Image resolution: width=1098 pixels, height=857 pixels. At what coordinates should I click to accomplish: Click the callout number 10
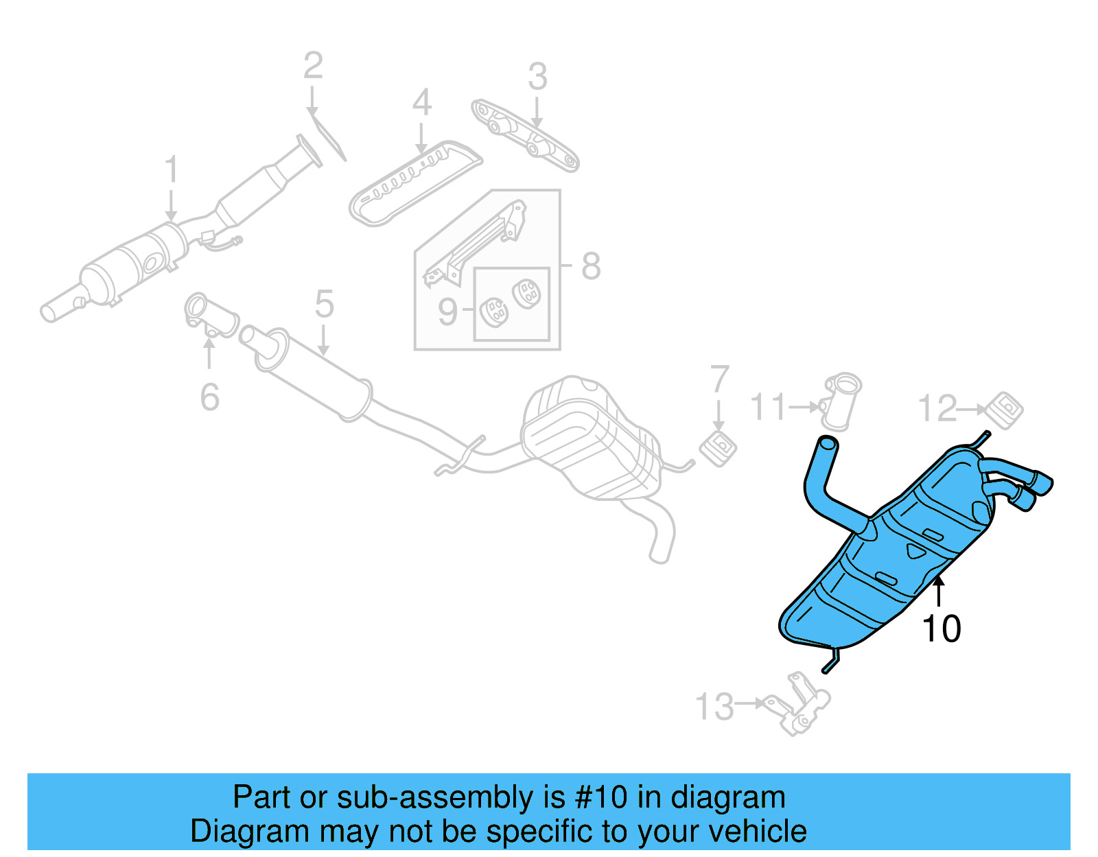(x=941, y=629)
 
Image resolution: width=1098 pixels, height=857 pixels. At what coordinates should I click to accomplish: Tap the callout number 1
(x=171, y=169)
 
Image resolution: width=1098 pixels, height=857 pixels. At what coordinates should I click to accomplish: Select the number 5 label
(x=324, y=304)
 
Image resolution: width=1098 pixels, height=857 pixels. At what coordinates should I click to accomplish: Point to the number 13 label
(x=714, y=707)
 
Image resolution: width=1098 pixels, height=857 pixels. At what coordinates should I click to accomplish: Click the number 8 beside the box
(x=591, y=266)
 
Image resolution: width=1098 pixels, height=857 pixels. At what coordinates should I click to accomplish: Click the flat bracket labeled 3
(x=526, y=135)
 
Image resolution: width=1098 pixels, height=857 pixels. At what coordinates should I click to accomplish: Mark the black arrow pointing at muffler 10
(x=939, y=591)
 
